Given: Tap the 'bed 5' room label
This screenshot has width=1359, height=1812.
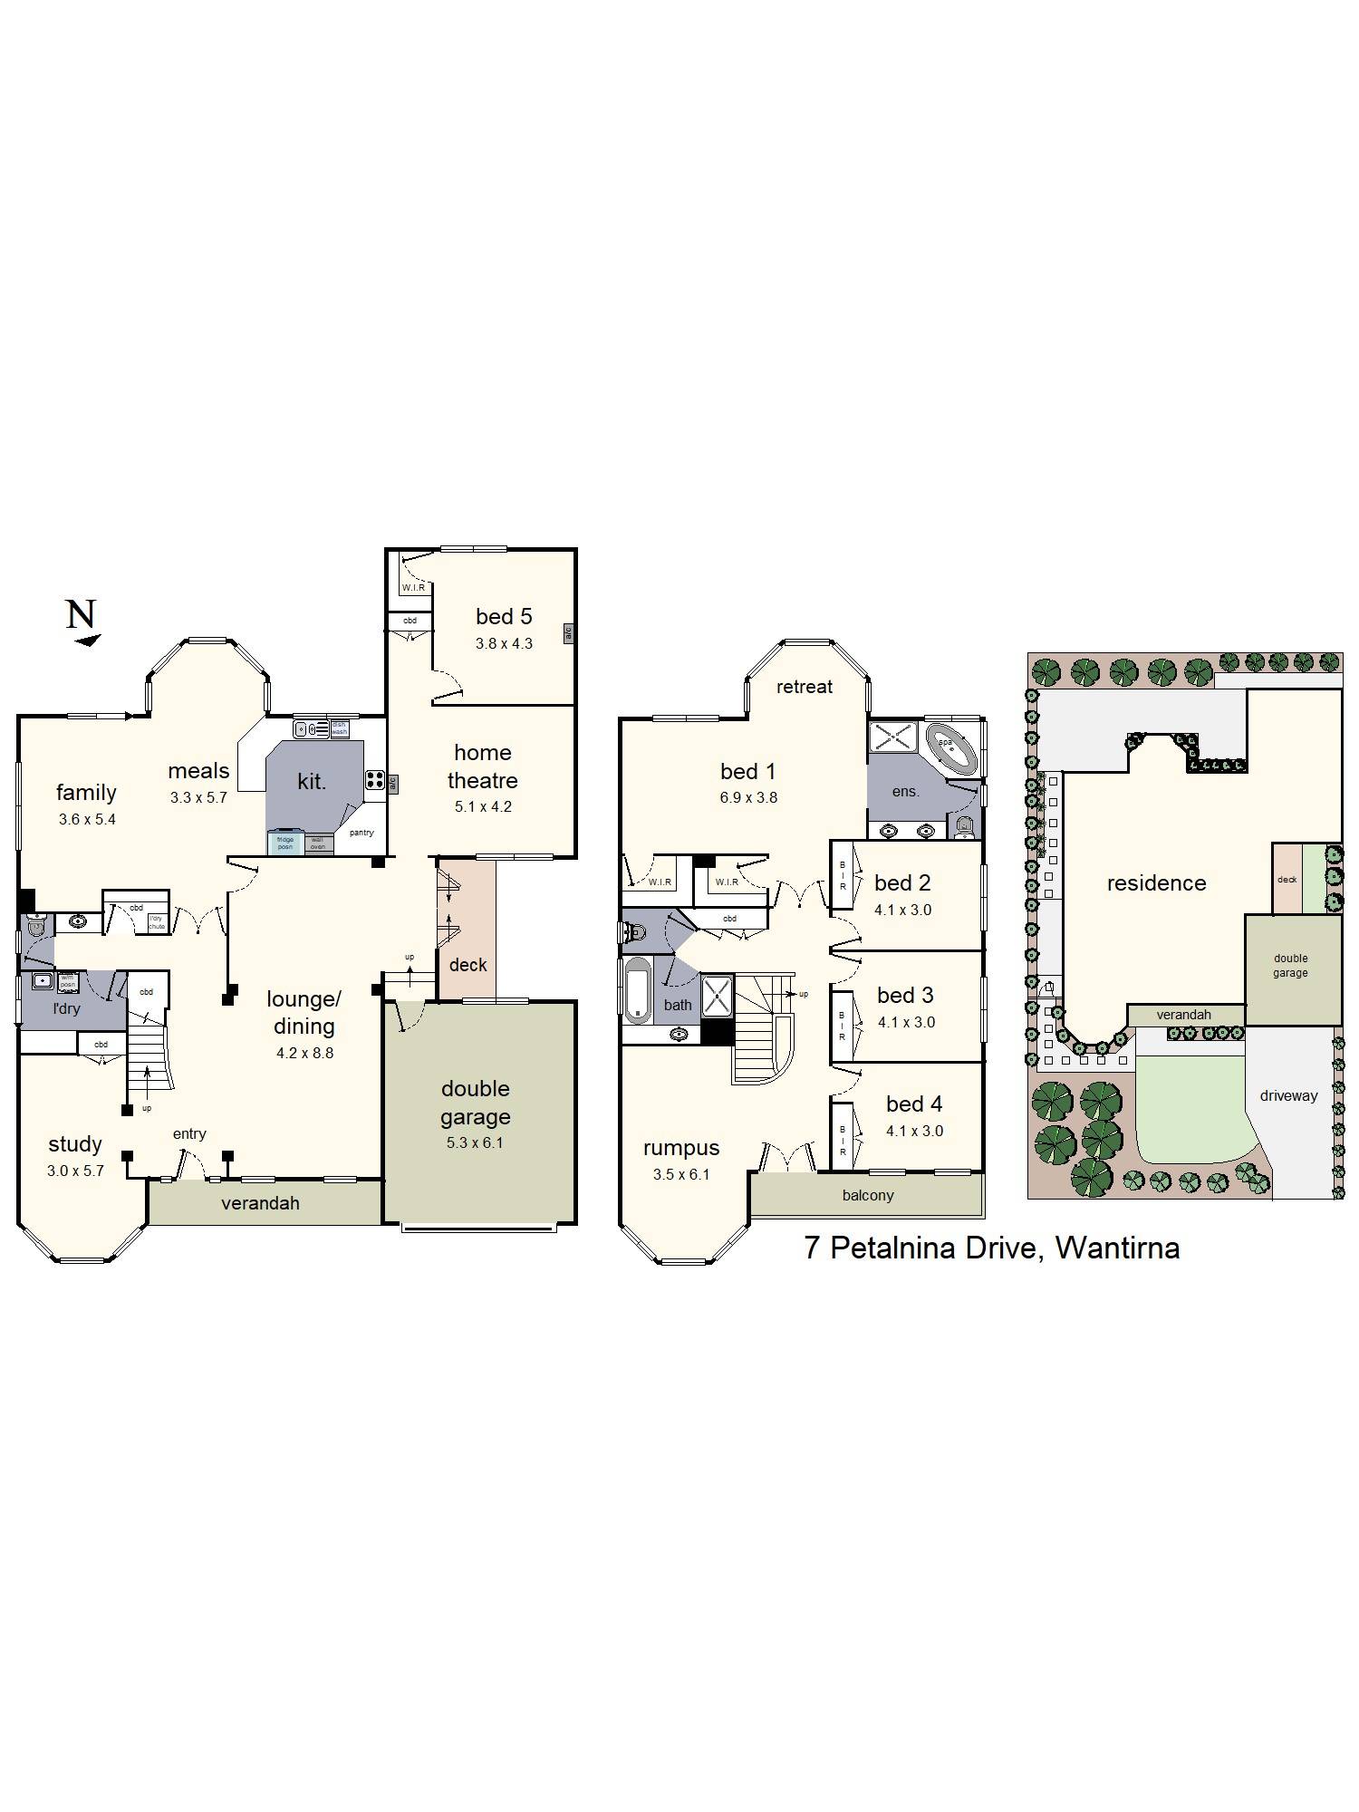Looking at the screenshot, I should coord(504,617).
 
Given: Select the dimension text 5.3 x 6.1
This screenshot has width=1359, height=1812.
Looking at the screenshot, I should coord(475,1142).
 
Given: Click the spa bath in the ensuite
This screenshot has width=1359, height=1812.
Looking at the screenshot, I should coord(950,748).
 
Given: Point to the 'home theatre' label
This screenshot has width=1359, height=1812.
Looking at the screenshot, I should coord(482,766).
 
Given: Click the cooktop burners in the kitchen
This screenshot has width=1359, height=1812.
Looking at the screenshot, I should coord(375,780).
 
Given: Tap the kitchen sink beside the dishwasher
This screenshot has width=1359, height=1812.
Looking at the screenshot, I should coord(311,728).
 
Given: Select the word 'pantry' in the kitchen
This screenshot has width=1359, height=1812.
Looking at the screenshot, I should coord(361,833).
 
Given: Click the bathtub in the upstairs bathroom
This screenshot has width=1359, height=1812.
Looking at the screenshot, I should coord(638,990).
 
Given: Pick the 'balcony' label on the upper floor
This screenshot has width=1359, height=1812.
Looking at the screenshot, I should coord(868,1195).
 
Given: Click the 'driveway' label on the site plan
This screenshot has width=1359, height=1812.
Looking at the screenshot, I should coord(1288,1095).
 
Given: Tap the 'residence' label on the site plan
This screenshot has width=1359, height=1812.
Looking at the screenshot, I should coord(1156,883).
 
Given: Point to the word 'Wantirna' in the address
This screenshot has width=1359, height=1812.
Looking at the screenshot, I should coord(1117,1248).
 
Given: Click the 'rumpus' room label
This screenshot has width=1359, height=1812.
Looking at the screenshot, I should coord(681,1148).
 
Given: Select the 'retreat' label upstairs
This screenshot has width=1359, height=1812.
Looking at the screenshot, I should coord(805,687).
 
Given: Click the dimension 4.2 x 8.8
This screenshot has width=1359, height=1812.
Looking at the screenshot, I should coord(304,1053).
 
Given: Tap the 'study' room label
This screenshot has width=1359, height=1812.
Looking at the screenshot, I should coord(75,1144).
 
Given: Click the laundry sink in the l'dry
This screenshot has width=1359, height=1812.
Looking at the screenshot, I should coord(42,981).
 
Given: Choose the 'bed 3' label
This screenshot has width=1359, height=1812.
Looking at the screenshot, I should coord(905,996).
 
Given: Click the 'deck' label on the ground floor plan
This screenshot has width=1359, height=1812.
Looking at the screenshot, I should coord(468,965).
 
